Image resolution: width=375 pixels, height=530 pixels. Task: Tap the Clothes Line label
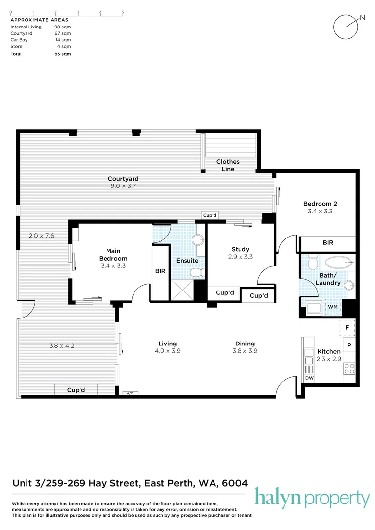click(x=228, y=165)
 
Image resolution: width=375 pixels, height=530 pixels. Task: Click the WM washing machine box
click(x=333, y=307)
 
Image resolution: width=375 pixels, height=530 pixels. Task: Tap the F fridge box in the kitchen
click(x=347, y=327)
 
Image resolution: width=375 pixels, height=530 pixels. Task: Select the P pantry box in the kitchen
click(x=349, y=345)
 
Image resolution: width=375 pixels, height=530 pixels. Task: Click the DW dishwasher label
click(x=309, y=378)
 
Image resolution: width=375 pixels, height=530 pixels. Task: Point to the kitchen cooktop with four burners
click(x=349, y=369)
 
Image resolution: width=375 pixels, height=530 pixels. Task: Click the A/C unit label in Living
click(x=130, y=393)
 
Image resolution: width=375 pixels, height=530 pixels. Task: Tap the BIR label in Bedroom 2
click(x=328, y=243)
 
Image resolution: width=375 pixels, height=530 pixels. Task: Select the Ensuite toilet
click(x=196, y=272)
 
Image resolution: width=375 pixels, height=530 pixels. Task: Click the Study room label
click(x=240, y=253)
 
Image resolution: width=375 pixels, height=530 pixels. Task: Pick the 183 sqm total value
click(x=62, y=54)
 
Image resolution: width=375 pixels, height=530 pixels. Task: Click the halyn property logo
click(x=312, y=498)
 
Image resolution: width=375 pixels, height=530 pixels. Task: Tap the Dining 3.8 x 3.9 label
click(x=244, y=347)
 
